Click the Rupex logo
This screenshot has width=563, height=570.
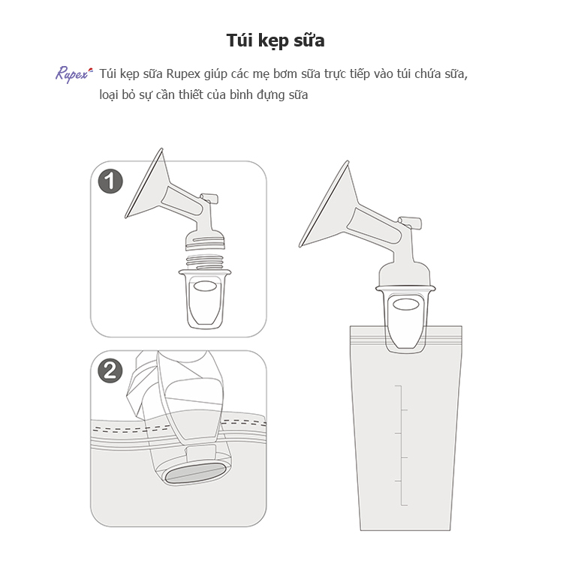74,74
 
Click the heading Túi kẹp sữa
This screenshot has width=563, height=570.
275,40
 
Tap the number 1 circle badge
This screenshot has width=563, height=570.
110,181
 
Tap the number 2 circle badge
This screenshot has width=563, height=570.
110,370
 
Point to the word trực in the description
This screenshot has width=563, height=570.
336,74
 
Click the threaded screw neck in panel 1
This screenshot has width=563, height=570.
204,262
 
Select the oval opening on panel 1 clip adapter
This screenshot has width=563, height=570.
205,286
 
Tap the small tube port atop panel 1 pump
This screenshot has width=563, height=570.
209,198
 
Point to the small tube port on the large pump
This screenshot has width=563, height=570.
410,222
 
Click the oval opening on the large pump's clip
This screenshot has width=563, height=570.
406,304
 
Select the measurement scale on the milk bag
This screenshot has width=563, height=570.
402,445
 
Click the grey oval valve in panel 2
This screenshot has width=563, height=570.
194,474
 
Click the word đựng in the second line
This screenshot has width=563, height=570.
275,95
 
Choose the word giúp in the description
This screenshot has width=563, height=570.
215,74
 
